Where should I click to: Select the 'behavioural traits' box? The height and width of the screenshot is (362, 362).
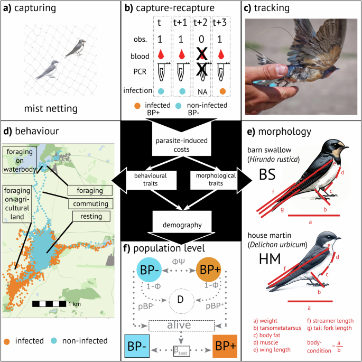tap(151, 180)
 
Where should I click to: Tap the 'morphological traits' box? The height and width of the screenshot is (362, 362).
tap(216, 179)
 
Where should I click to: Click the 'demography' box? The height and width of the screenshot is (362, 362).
tap(182, 221)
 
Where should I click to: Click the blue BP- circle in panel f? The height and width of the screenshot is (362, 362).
tap(149, 270)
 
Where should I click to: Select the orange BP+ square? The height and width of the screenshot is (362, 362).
tap(225, 346)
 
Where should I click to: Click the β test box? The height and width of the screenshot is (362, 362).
tap(182, 351)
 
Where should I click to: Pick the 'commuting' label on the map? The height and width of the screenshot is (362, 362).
tap(90, 203)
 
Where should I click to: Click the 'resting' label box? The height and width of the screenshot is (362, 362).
tap(91, 216)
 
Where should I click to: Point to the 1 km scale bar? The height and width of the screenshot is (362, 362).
tap(49, 304)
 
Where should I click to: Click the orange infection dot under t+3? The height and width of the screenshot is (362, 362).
tap(222, 91)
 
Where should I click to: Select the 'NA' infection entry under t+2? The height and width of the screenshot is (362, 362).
tap(202, 92)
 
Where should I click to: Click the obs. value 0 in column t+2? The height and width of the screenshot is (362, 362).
tap(201, 39)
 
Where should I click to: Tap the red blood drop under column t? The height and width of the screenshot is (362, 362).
tap(161, 54)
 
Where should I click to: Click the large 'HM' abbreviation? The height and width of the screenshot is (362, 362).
tap(270, 259)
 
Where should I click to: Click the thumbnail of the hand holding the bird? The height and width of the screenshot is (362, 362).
tap(301, 67)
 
